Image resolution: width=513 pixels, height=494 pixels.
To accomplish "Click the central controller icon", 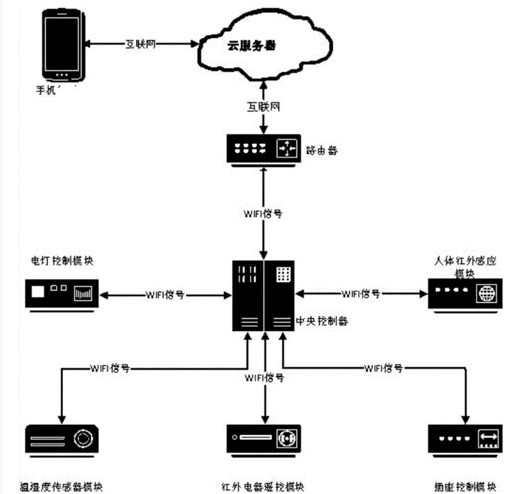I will (264, 295).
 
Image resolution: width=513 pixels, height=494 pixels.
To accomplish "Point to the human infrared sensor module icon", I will (462, 295).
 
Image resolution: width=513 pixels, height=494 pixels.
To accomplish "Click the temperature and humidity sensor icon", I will (62, 440).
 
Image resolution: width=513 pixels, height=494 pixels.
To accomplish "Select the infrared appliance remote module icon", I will (264, 440).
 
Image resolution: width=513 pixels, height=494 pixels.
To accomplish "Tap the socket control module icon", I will (462, 440).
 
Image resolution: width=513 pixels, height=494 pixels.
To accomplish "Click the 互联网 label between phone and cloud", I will (140, 44).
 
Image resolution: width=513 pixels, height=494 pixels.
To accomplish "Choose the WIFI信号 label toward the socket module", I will (384, 368).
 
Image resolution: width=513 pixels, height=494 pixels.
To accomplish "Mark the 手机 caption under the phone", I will (48, 88).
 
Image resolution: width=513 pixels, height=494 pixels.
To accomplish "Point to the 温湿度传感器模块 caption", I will (62, 485).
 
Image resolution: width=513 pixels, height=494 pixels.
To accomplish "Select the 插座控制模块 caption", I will (465, 485).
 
